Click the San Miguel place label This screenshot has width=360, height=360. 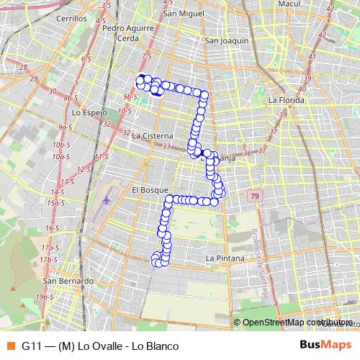pyautogui.click(x=181, y=14)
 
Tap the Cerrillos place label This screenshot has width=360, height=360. pyautogui.click(x=71, y=18)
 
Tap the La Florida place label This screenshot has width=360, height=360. pyautogui.click(x=284, y=100)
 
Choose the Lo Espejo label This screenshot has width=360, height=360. pyautogui.click(x=89, y=113)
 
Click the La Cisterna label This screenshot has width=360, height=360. pyautogui.click(x=153, y=135)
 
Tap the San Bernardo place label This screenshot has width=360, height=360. pyautogui.click(x=68, y=281)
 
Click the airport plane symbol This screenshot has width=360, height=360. pyautogui.click(x=107, y=199)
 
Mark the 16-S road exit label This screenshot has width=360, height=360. pyautogui.click(x=52, y=228)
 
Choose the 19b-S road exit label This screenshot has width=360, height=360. pyautogui.click(x=45, y=296)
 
